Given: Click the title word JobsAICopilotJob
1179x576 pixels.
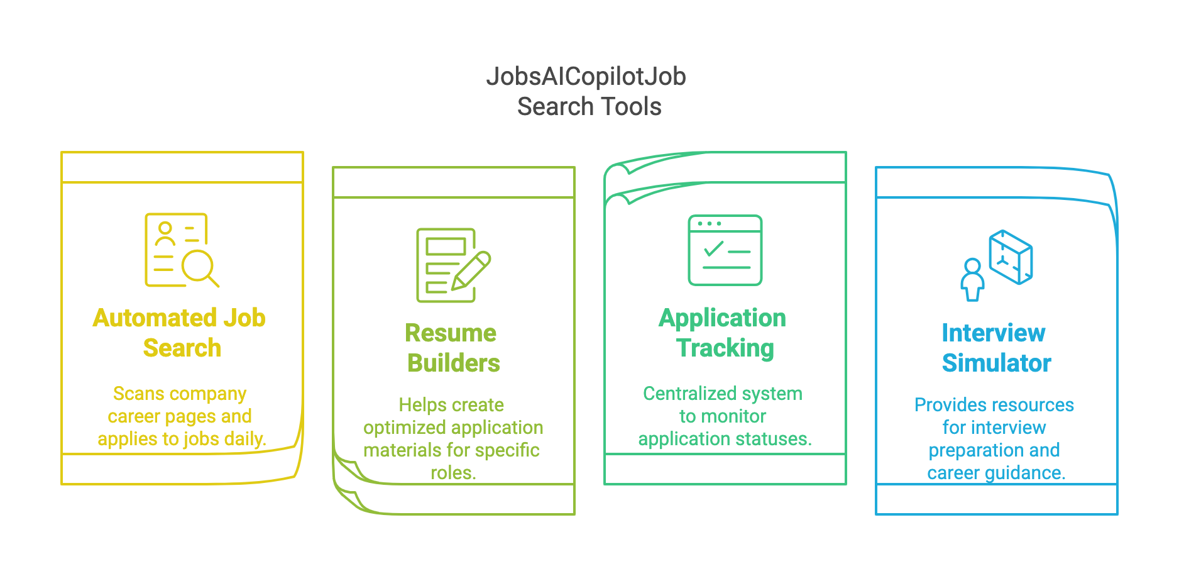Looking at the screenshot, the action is tap(586, 77).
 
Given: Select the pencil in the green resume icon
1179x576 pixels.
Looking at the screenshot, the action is tap(471, 271).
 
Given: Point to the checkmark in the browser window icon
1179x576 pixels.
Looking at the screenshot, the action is tap(714, 249).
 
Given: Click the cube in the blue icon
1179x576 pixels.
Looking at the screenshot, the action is tap(1011, 257).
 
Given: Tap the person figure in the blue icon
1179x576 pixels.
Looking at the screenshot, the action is tap(972, 280).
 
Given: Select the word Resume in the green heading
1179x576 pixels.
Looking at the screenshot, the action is tap(451, 333).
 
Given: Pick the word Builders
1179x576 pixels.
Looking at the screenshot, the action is tap(454, 363).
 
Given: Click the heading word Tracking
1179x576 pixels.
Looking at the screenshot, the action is tap(725, 349).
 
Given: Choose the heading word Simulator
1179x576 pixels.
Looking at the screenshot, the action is tap(997, 363).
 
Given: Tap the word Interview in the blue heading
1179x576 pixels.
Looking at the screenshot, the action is tap(994, 333).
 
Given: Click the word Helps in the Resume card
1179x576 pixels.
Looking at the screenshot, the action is tap(420, 405).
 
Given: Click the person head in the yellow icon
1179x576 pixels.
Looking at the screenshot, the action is tap(165, 228).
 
